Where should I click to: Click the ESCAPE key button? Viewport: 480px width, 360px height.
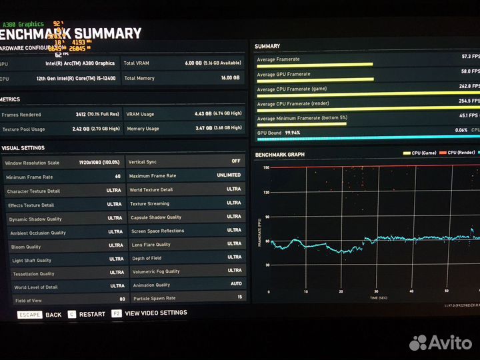[x=29, y=315]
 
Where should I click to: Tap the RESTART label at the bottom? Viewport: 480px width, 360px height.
[x=92, y=314]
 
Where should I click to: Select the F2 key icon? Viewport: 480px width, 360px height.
[x=116, y=313]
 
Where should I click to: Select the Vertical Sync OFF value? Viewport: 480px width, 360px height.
[x=235, y=161]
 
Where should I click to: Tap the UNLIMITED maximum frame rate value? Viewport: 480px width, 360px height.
[x=229, y=175]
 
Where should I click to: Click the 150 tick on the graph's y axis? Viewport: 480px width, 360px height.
[x=265, y=167]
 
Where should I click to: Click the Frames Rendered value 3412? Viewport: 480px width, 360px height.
[x=85, y=114]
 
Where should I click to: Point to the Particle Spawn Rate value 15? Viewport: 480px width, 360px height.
[x=239, y=297]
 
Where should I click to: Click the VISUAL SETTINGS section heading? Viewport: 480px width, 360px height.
[x=23, y=148]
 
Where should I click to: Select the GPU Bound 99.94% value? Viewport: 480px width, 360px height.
[x=292, y=133]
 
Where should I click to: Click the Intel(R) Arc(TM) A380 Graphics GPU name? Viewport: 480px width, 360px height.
[x=79, y=63]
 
